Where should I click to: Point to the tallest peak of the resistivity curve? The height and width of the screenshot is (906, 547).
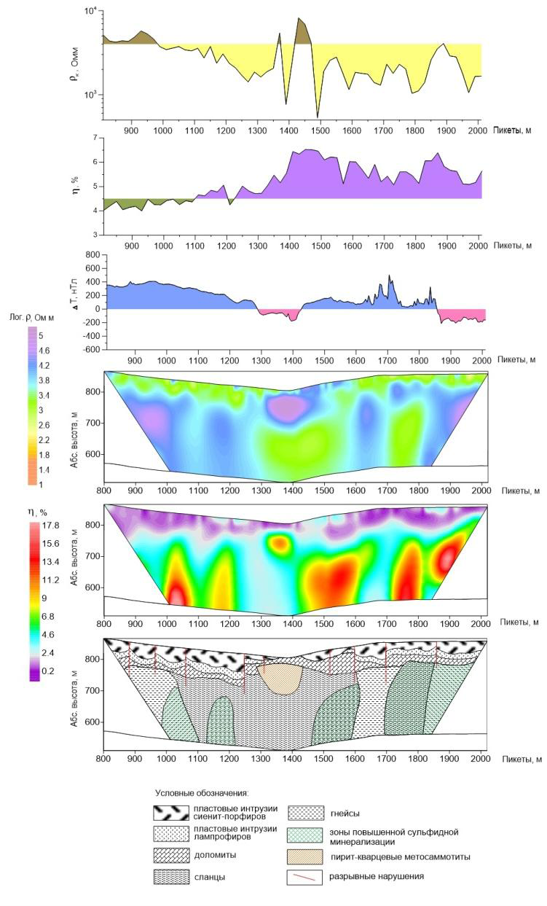pos(299,18)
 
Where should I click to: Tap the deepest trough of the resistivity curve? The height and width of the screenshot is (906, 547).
pos(318,116)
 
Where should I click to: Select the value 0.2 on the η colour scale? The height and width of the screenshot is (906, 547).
pos(50,671)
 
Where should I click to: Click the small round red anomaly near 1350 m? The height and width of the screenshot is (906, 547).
pos(280,543)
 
